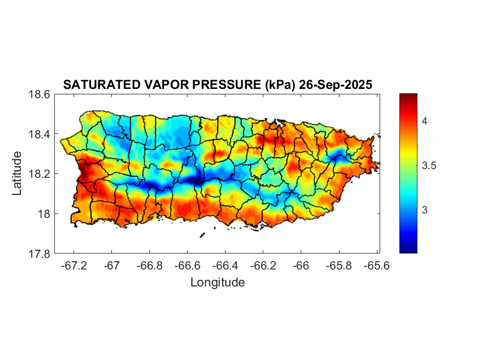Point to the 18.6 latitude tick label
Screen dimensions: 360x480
[39, 94]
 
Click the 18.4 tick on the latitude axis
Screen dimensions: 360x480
[39, 134]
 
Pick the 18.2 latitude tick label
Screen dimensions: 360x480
[39, 174]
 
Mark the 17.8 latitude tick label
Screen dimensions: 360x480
[39, 254]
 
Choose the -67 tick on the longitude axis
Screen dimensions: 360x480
[112, 266]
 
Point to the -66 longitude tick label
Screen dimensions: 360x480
[301, 266]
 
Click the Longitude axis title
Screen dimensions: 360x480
[217, 283]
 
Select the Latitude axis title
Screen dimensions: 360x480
[18, 173]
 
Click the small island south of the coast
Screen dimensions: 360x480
[202, 235]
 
